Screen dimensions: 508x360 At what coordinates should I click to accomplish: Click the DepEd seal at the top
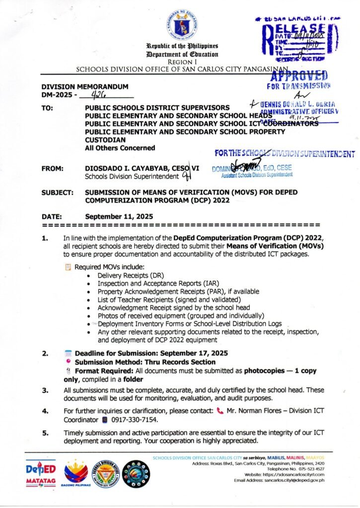(180, 24)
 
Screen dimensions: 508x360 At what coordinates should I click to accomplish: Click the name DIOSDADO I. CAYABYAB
(127, 168)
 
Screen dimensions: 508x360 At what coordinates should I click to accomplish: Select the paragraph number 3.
(45, 390)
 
